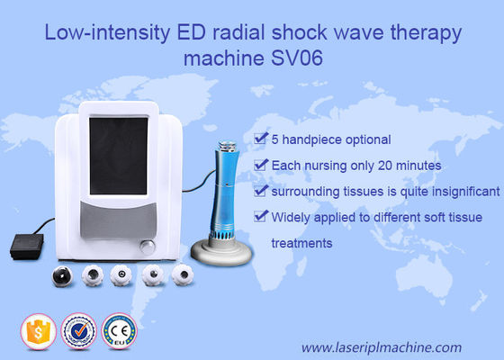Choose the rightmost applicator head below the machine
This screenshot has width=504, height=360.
pyautogui.click(x=184, y=274)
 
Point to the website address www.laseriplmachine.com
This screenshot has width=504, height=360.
pyautogui.click(x=381, y=346)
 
